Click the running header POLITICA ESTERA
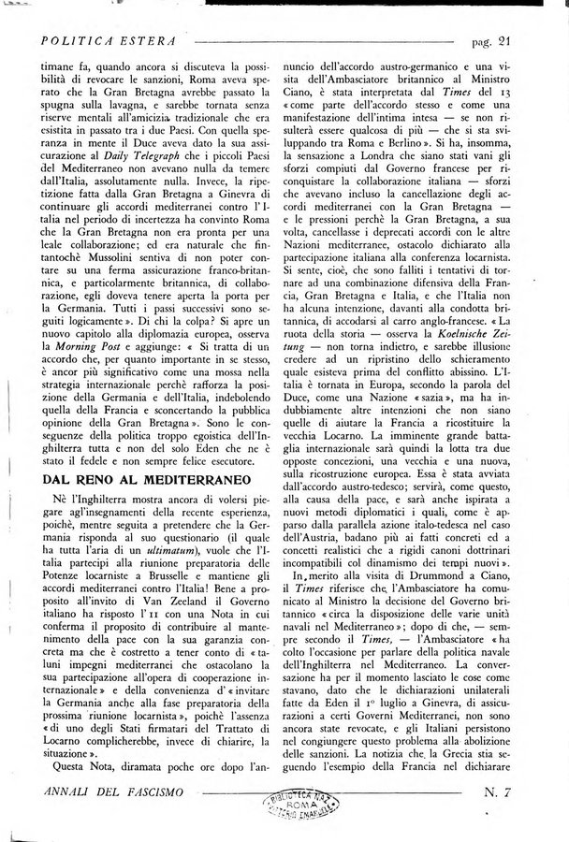pyautogui.click(x=110, y=42)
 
